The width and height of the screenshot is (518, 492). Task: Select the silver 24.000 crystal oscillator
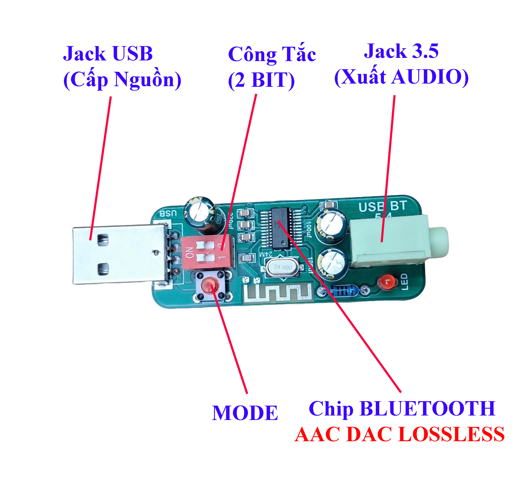point(282,267)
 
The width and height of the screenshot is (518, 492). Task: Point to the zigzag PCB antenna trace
point(278,293)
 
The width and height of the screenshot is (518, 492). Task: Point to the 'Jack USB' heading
point(108,54)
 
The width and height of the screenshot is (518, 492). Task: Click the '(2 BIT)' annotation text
point(261,80)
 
